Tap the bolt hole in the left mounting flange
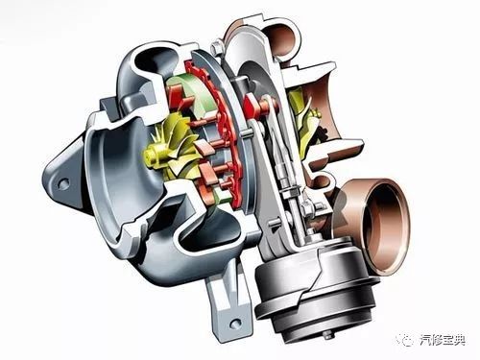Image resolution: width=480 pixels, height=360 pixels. click(64, 183)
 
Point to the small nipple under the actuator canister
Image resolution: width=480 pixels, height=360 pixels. click(327, 335)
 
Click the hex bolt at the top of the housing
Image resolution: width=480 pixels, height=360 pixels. click(217, 46)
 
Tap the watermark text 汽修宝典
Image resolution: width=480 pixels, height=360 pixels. click(442, 340)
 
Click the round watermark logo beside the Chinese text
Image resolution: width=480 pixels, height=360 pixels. click(405, 340)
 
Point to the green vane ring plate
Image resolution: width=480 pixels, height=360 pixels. click(192, 96)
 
